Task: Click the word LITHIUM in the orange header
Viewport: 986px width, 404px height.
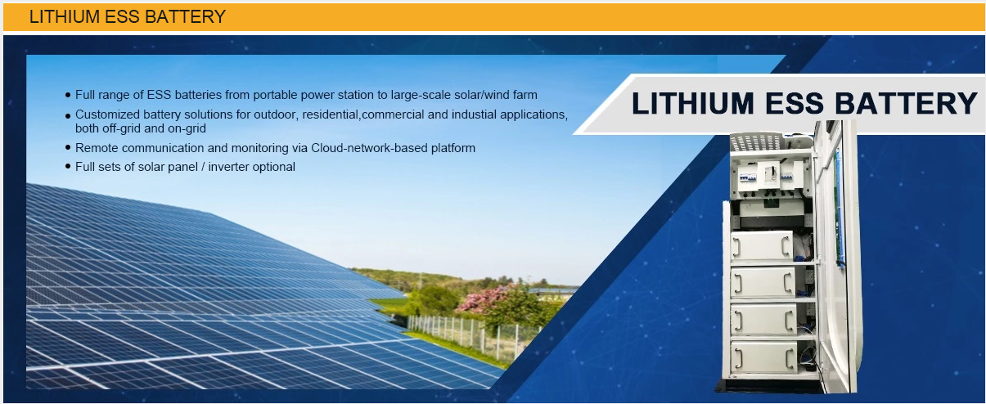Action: [x=65, y=16]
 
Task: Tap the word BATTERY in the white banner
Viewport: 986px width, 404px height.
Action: [x=906, y=103]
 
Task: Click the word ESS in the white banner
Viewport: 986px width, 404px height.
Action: [x=794, y=103]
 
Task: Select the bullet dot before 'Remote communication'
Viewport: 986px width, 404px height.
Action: [x=68, y=147]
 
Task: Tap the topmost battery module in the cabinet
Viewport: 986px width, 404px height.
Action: [x=762, y=246]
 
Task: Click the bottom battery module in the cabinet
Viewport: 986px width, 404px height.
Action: [x=763, y=357]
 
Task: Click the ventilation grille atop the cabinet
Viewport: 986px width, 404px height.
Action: [x=757, y=141]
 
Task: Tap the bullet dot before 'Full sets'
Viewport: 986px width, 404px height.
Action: [x=68, y=166]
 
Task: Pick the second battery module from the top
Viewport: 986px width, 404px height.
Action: [x=763, y=282]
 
